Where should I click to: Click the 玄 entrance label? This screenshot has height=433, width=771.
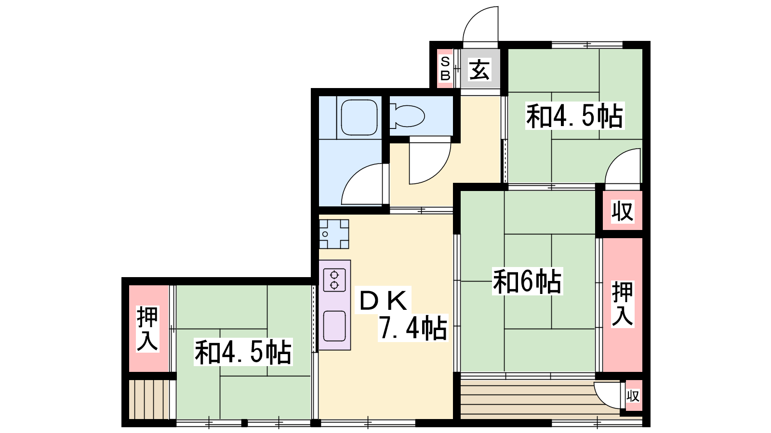tap(479, 70)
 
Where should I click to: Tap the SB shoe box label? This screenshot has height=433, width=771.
tap(445, 69)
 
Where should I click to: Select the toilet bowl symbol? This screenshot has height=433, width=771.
tap(408, 116)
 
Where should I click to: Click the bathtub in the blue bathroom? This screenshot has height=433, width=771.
tap(359, 117)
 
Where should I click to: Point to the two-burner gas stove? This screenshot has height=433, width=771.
tap(334, 280)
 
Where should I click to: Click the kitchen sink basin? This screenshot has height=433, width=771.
tap(334, 326)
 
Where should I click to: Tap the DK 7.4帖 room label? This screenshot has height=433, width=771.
tap(402, 314)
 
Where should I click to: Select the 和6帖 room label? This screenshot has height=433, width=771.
tap(527, 281)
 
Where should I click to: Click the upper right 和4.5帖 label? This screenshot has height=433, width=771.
tap(574, 116)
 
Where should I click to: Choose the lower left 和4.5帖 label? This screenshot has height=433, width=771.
tap(243, 352)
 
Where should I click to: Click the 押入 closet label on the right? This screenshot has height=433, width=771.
tap(622, 304)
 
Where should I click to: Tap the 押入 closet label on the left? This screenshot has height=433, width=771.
tap(147, 329)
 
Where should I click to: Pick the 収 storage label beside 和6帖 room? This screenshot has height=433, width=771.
tap(623, 212)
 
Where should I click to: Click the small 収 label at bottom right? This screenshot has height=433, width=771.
tap(633, 396)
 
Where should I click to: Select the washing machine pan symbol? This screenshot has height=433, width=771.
tap(333, 234)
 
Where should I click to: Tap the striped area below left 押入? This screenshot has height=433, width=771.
tap(149, 399)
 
